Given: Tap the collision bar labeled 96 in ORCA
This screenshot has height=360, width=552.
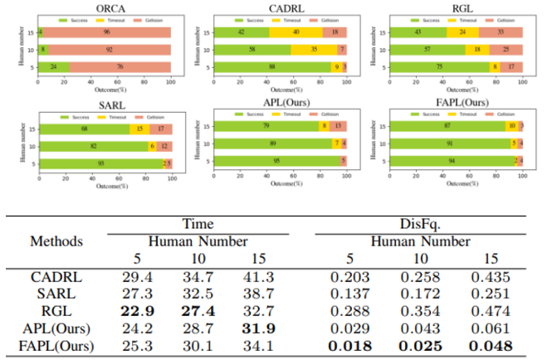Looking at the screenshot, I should coord(107,32).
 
